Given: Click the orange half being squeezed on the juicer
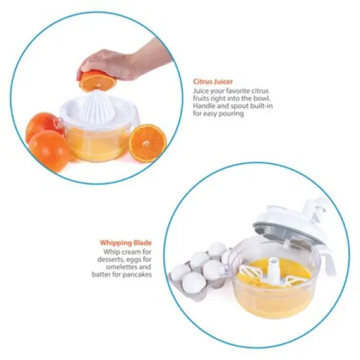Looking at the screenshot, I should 98,82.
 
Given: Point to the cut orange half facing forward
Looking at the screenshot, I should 147,143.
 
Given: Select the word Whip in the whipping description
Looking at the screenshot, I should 111,251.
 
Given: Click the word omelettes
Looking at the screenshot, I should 118,266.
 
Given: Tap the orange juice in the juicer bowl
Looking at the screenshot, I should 98,145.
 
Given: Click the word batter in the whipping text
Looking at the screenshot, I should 101,274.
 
